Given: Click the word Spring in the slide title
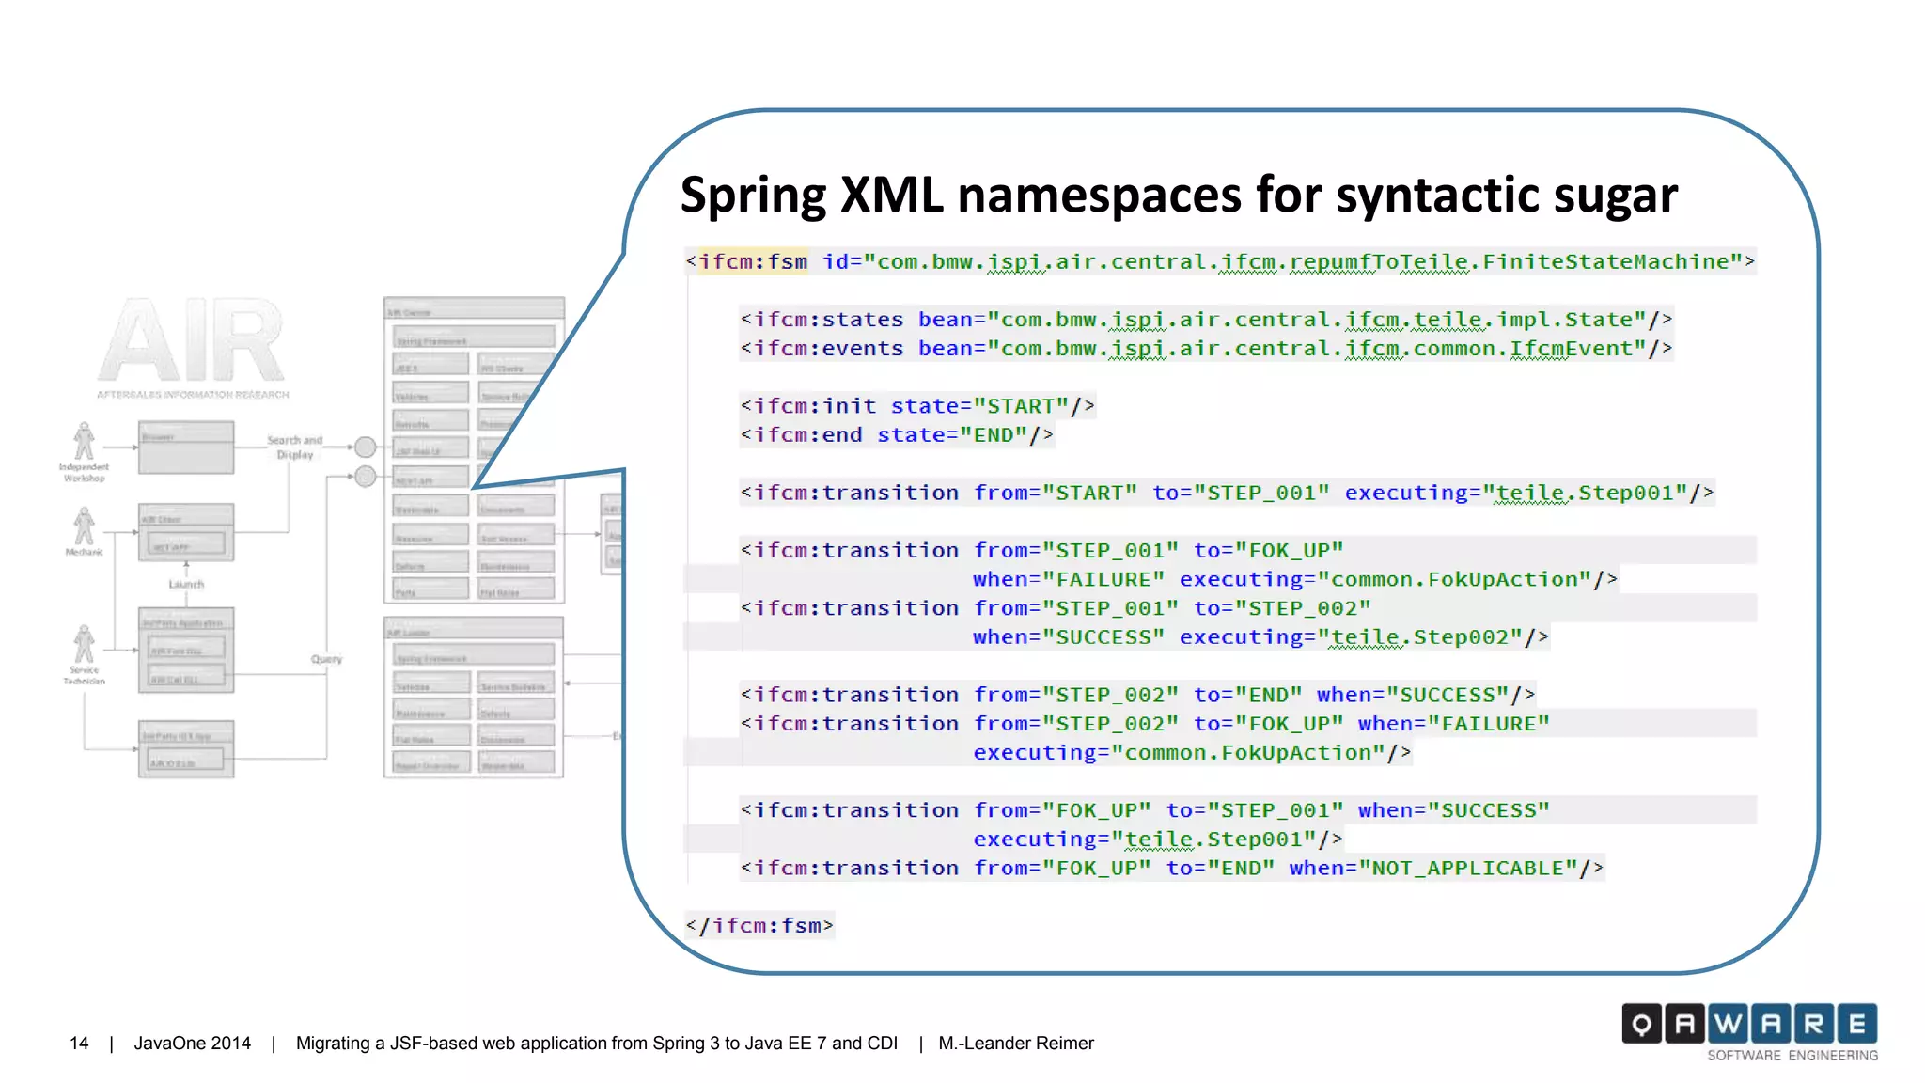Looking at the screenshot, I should (753, 196).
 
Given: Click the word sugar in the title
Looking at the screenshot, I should (1615, 196).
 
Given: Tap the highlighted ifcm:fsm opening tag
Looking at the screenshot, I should (753, 261).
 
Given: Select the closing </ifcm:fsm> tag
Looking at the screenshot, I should (759, 926).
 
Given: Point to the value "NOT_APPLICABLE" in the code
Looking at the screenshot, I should (1473, 869).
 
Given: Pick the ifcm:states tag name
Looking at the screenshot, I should (828, 320).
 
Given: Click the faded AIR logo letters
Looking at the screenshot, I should (192, 340).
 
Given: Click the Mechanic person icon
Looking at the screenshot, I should (85, 526).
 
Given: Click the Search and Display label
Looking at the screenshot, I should (294, 447).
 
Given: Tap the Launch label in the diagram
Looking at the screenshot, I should (186, 584).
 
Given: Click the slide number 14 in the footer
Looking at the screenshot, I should (79, 1044).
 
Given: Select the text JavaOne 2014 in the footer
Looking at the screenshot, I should (192, 1044).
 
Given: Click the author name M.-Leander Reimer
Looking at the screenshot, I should (1015, 1044).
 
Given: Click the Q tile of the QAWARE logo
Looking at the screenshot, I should (1641, 1024).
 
